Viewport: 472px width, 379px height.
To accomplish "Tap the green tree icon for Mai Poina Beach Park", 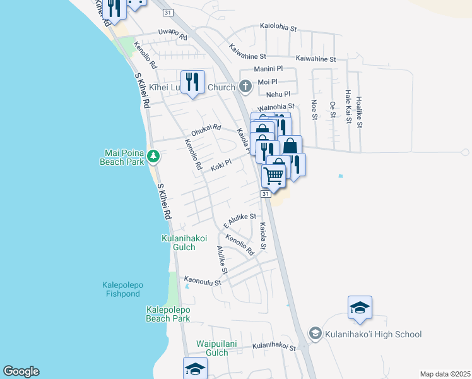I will pyautogui.click(x=152, y=155).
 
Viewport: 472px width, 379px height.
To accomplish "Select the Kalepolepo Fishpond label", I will pyautogui.click(x=122, y=289).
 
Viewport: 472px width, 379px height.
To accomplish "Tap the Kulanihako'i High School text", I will pyautogui.click(x=374, y=334).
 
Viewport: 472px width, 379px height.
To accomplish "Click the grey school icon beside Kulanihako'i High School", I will pyautogui.click(x=315, y=333).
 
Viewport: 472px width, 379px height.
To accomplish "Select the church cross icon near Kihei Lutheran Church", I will pyautogui.click(x=246, y=87).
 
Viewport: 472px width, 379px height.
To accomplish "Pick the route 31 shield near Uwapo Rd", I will pyautogui.click(x=167, y=13).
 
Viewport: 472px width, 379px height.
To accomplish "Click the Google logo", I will pyautogui.click(x=21, y=371).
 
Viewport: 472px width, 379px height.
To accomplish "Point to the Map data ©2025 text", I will pyautogui.click(x=445, y=374).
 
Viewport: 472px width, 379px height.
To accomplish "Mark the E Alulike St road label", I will pyautogui.click(x=239, y=219).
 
